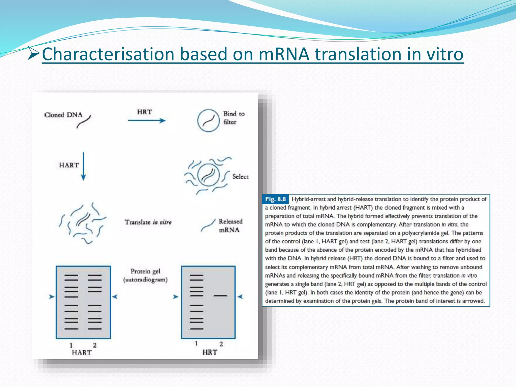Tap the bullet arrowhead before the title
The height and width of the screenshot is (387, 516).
coord(33,53)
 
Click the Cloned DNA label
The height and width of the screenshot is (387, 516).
coord(63,115)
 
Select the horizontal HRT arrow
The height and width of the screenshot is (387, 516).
coord(146,121)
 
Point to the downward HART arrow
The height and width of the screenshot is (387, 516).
coord(83,166)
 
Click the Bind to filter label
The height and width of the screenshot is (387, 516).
coord(234,118)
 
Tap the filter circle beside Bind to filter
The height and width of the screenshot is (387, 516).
coord(208,120)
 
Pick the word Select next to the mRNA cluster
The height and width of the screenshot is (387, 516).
coord(240,177)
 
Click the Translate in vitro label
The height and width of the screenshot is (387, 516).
coord(148,222)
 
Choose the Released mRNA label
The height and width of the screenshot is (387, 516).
coord(230,225)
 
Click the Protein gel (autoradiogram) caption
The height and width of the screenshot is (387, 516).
coord(145,275)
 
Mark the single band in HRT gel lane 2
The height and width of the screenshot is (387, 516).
coord(220,296)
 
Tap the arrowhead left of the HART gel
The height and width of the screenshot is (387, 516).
coord(52,297)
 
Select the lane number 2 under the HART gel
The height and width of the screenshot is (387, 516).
coord(95,345)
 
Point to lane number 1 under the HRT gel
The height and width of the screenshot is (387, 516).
coord(196,344)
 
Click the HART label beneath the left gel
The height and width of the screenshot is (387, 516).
coord(82,352)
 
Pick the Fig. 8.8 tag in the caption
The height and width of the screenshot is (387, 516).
coord(275,199)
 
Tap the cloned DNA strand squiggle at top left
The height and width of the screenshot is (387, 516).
coord(84,122)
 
